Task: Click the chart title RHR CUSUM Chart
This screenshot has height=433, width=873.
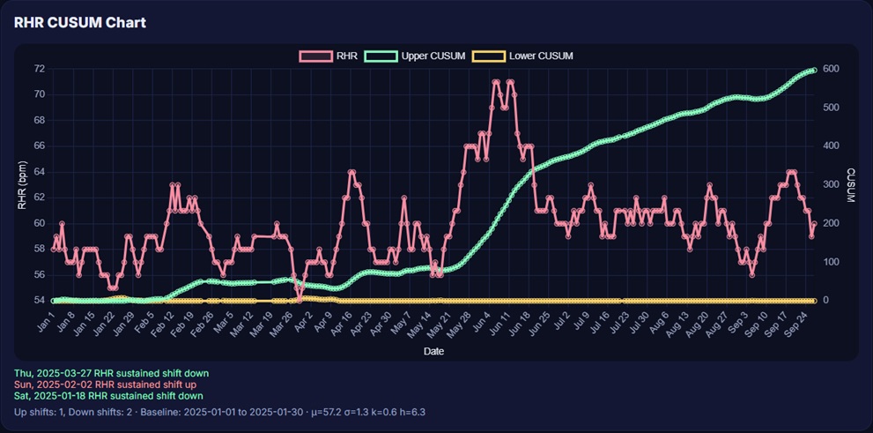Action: tap(80, 22)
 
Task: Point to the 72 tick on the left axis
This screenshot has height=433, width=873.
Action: tap(39, 69)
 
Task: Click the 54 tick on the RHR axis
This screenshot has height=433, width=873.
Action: tap(39, 301)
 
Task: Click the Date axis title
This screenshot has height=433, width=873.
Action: tap(433, 351)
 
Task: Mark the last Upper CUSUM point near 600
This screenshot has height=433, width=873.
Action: tap(815, 70)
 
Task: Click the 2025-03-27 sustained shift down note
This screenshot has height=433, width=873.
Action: tap(111, 373)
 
